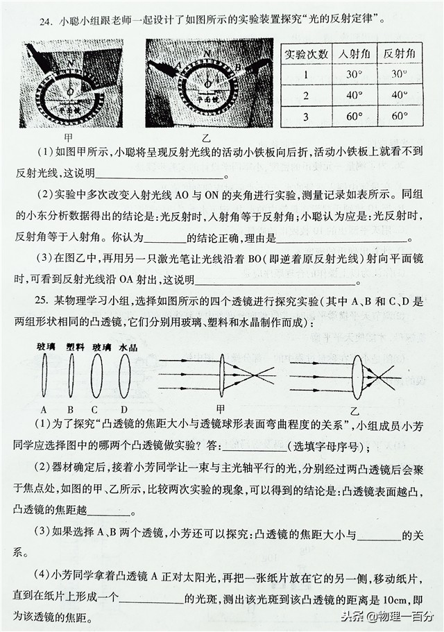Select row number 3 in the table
click(x=306, y=116)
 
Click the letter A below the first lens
click(x=44, y=409)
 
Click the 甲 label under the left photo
click(x=68, y=137)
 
